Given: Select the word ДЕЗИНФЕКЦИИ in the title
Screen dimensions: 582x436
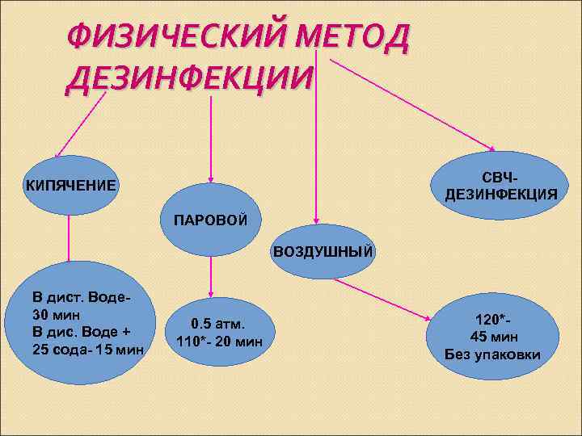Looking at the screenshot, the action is click(191, 78).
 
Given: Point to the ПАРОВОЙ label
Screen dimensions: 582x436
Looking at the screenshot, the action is click(211, 220).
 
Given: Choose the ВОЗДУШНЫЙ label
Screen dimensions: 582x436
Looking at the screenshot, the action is click(323, 251).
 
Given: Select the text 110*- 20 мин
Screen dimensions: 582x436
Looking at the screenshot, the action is click(219, 340).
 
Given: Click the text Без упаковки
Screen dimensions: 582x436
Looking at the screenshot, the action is click(493, 354).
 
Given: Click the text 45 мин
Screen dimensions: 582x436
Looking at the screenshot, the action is click(494, 337).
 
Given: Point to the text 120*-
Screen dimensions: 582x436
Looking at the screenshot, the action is click(494, 321).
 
